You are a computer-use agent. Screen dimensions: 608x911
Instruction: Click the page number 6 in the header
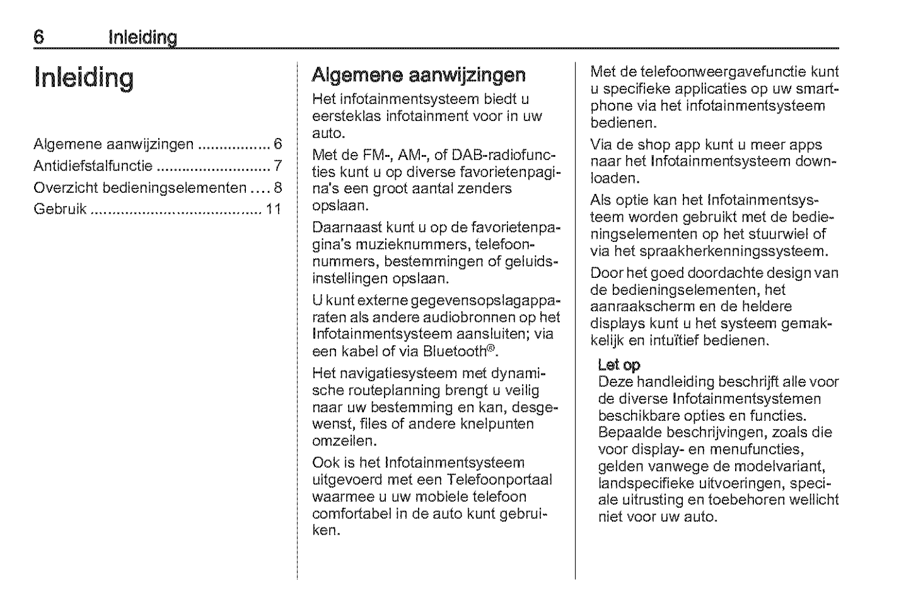pos(39,37)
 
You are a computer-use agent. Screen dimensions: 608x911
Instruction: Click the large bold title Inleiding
pos(84,78)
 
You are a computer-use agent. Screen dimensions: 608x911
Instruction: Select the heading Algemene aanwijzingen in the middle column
pos(419,76)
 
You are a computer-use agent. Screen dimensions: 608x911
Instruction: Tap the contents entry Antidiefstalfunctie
pos(93,166)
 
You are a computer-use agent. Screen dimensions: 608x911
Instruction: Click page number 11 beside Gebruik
pos(273,209)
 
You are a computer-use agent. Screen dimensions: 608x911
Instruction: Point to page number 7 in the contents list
pos(277,166)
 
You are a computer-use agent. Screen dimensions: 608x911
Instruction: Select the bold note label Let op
pos(619,365)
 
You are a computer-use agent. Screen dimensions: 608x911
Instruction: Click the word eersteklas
pos(345,117)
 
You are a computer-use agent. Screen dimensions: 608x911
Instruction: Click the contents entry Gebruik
pos(60,209)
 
